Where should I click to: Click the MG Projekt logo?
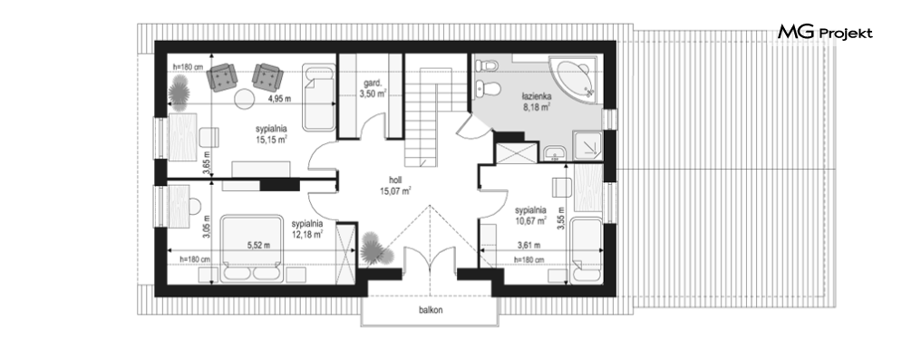825,33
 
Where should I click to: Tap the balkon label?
431,310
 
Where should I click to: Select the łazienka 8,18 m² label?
538,102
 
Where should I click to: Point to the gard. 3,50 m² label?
373,89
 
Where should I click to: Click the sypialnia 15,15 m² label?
272,134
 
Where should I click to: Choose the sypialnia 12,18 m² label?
306,229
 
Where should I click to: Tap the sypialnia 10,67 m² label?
530,215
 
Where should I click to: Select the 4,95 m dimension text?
279,98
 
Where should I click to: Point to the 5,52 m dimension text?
259,245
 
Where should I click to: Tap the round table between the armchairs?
245,98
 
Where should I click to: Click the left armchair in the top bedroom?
222,78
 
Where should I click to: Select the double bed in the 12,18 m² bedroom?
252,249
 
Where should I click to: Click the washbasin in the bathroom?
555,153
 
